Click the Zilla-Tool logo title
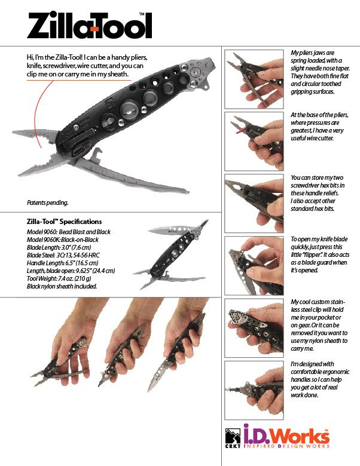pyautogui.click(x=89, y=25)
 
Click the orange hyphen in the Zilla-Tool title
pyautogui.click(x=95, y=29)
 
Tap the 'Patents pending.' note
pyautogui.click(x=48, y=203)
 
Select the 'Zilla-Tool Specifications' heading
pyautogui.click(x=64, y=222)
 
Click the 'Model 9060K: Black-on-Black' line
pyautogui.click(x=62, y=240)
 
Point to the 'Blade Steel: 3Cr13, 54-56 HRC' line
pyautogui.click(x=63, y=255)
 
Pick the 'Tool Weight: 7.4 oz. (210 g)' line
pyautogui.click(x=59, y=278)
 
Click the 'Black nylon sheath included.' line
pyautogui.click(x=62, y=287)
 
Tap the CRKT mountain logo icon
pyautogui.click(x=233, y=436)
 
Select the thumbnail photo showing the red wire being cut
pyautogui.click(x=254, y=141)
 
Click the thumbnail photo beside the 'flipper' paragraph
pyautogui.click(x=254, y=266)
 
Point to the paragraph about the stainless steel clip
pyautogui.click(x=319, y=325)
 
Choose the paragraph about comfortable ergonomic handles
pyautogui.click(x=320, y=379)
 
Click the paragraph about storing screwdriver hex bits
pyautogui.click(x=318, y=193)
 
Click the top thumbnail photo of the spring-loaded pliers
pyautogui.click(x=254, y=79)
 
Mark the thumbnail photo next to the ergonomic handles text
pyautogui.click(x=254, y=390)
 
